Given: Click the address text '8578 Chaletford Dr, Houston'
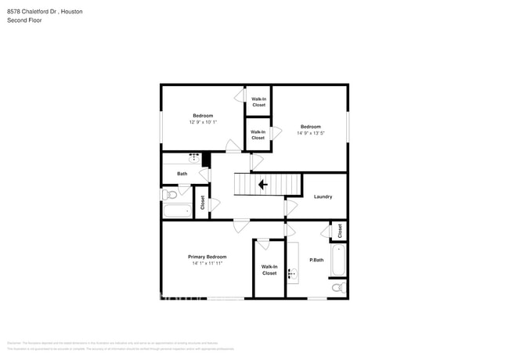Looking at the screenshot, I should pyautogui.click(x=45, y=13).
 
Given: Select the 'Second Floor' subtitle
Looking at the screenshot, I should pyautogui.click(x=24, y=20).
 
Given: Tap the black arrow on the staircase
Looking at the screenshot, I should pyautogui.click(x=262, y=184).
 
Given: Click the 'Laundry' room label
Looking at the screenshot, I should pyautogui.click(x=323, y=196).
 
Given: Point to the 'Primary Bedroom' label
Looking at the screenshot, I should pyautogui.click(x=207, y=257).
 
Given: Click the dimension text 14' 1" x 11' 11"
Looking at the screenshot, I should pyautogui.click(x=207, y=264).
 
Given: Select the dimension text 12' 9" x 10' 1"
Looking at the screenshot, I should pyautogui.click(x=203, y=122).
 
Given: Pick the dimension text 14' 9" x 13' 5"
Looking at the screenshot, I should pyautogui.click(x=310, y=133).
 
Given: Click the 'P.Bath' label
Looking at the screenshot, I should pyautogui.click(x=316, y=260).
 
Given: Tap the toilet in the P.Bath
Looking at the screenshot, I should pyautogui.click(x=337, y=288).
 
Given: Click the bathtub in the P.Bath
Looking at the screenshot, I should pyautogui.click(x=338, y=260).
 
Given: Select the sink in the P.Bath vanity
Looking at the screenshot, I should pyautogui.click(x=292, y=273).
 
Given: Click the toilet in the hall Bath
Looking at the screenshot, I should pyautogui.click(x=170, y=194).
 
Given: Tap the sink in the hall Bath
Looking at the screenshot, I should pyautogui.click(x=196, y=158).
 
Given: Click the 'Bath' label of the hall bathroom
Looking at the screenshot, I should pyautogui.click(x=182, y=174).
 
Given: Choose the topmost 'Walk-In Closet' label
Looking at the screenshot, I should pyautogui.click(x=258, y=102).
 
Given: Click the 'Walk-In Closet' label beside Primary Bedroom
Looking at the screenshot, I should pyautogui.click(x=269, y=270).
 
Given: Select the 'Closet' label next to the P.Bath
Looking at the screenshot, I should pyautogui.click(x=340, y=231).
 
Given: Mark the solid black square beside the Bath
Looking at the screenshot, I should pyautogui.click(x=207, y=160).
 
